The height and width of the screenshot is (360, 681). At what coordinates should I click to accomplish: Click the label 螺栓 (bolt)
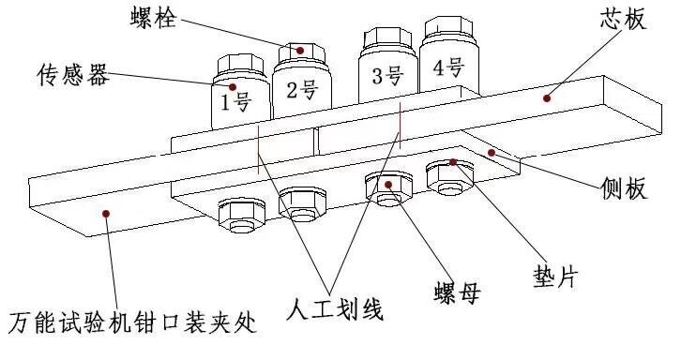[x=154, y=18]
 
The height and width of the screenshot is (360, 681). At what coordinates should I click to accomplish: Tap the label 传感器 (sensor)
[x=72, y=74]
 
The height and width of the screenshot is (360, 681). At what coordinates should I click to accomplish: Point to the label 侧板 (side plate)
[x=624, y=188]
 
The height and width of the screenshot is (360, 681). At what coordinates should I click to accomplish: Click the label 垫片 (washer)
[x=556, y=277]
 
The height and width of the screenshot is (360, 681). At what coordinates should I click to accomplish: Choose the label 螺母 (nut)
[x=457, y=292]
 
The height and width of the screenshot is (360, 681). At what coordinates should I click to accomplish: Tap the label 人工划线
[x=335, y=309]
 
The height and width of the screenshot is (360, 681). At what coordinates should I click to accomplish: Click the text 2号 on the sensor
[x=302, y=90]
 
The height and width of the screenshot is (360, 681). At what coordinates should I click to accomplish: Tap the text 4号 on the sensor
[x=448, y=67]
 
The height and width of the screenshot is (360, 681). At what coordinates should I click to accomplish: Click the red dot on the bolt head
[x=299, y=51]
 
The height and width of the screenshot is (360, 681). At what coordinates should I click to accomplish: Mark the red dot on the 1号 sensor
[x=233, y=87]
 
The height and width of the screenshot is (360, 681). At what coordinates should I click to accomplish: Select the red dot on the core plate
[x=547, y=98]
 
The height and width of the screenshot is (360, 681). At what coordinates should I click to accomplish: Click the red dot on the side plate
[x=492, y=153]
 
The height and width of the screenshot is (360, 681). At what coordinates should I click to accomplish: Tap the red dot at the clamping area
[x=106, y=213]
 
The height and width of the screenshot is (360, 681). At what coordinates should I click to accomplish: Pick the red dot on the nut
[x=388, y=185]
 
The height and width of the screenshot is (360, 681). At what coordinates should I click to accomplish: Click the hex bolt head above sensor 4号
[x=448, y=25]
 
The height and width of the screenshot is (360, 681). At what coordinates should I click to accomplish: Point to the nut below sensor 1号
[x=241, y=216]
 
